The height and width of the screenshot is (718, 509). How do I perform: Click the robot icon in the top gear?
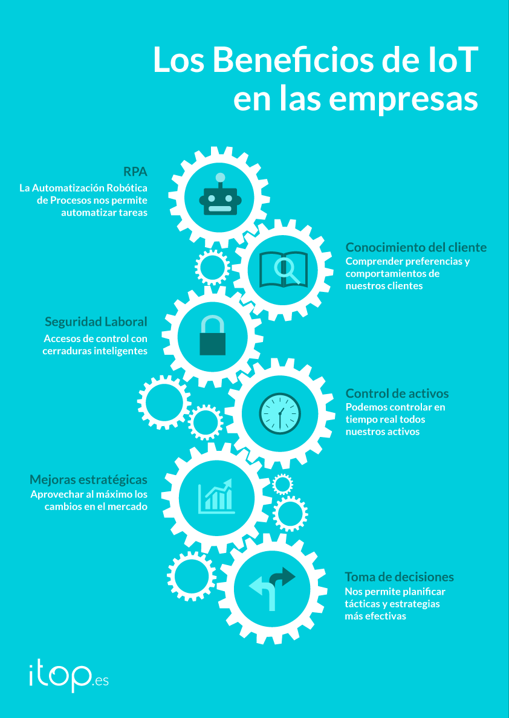221,196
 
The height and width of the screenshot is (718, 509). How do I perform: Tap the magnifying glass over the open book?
286,270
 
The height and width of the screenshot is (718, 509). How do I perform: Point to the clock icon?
280,413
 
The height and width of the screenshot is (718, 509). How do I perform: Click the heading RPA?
135,172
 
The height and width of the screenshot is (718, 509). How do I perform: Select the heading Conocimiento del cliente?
416,247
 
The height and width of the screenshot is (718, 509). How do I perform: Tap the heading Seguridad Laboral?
96,322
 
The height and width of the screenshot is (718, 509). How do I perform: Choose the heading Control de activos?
397,394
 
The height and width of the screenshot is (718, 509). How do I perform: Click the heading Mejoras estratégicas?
88,479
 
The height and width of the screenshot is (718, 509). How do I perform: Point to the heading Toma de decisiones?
399,577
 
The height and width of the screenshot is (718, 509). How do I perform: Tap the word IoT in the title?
448,60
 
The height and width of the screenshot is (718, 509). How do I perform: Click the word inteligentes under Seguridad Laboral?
114,351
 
